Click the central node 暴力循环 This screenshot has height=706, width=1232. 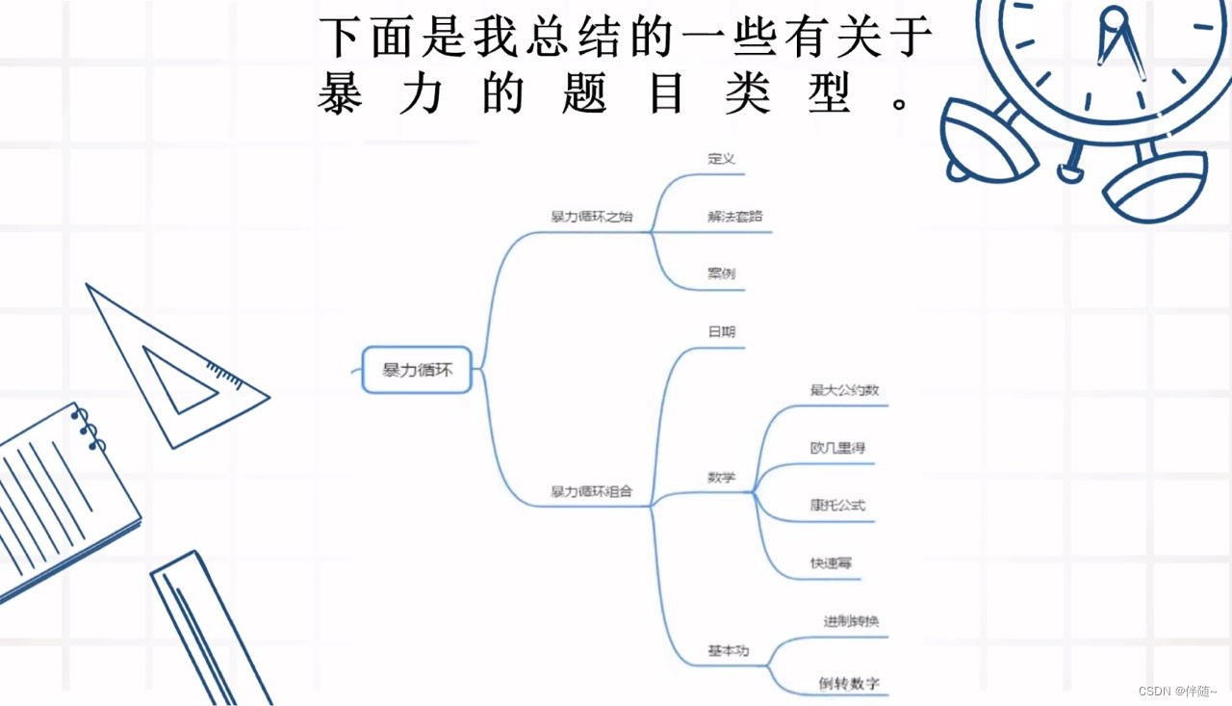point(417,370)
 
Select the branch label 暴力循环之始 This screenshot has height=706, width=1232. point(591,217)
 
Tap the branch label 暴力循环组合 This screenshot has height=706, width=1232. point(591,491)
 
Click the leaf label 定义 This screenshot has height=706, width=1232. point(721,159)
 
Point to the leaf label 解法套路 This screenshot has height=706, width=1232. point(734,217)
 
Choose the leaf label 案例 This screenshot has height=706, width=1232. point(721,274)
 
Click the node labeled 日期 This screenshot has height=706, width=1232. point(721,331)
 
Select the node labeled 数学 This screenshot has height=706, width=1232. point(721,477)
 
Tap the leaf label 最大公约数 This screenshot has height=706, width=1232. point(844,390)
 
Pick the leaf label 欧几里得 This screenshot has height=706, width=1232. point(837,448)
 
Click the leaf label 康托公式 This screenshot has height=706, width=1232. point(837,505)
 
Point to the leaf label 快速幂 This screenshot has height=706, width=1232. point(831,562)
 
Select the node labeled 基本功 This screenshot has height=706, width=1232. point(728,651)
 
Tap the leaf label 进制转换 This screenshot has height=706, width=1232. point(851,621)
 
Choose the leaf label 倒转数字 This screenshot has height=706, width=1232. point(849,684)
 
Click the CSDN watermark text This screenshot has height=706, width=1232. point(1177,692)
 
